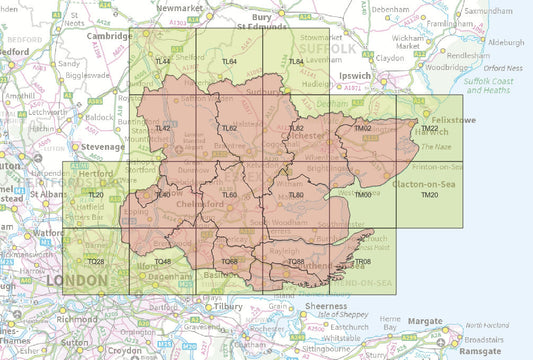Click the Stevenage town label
click(103, 146)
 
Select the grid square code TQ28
click(96, 262)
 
